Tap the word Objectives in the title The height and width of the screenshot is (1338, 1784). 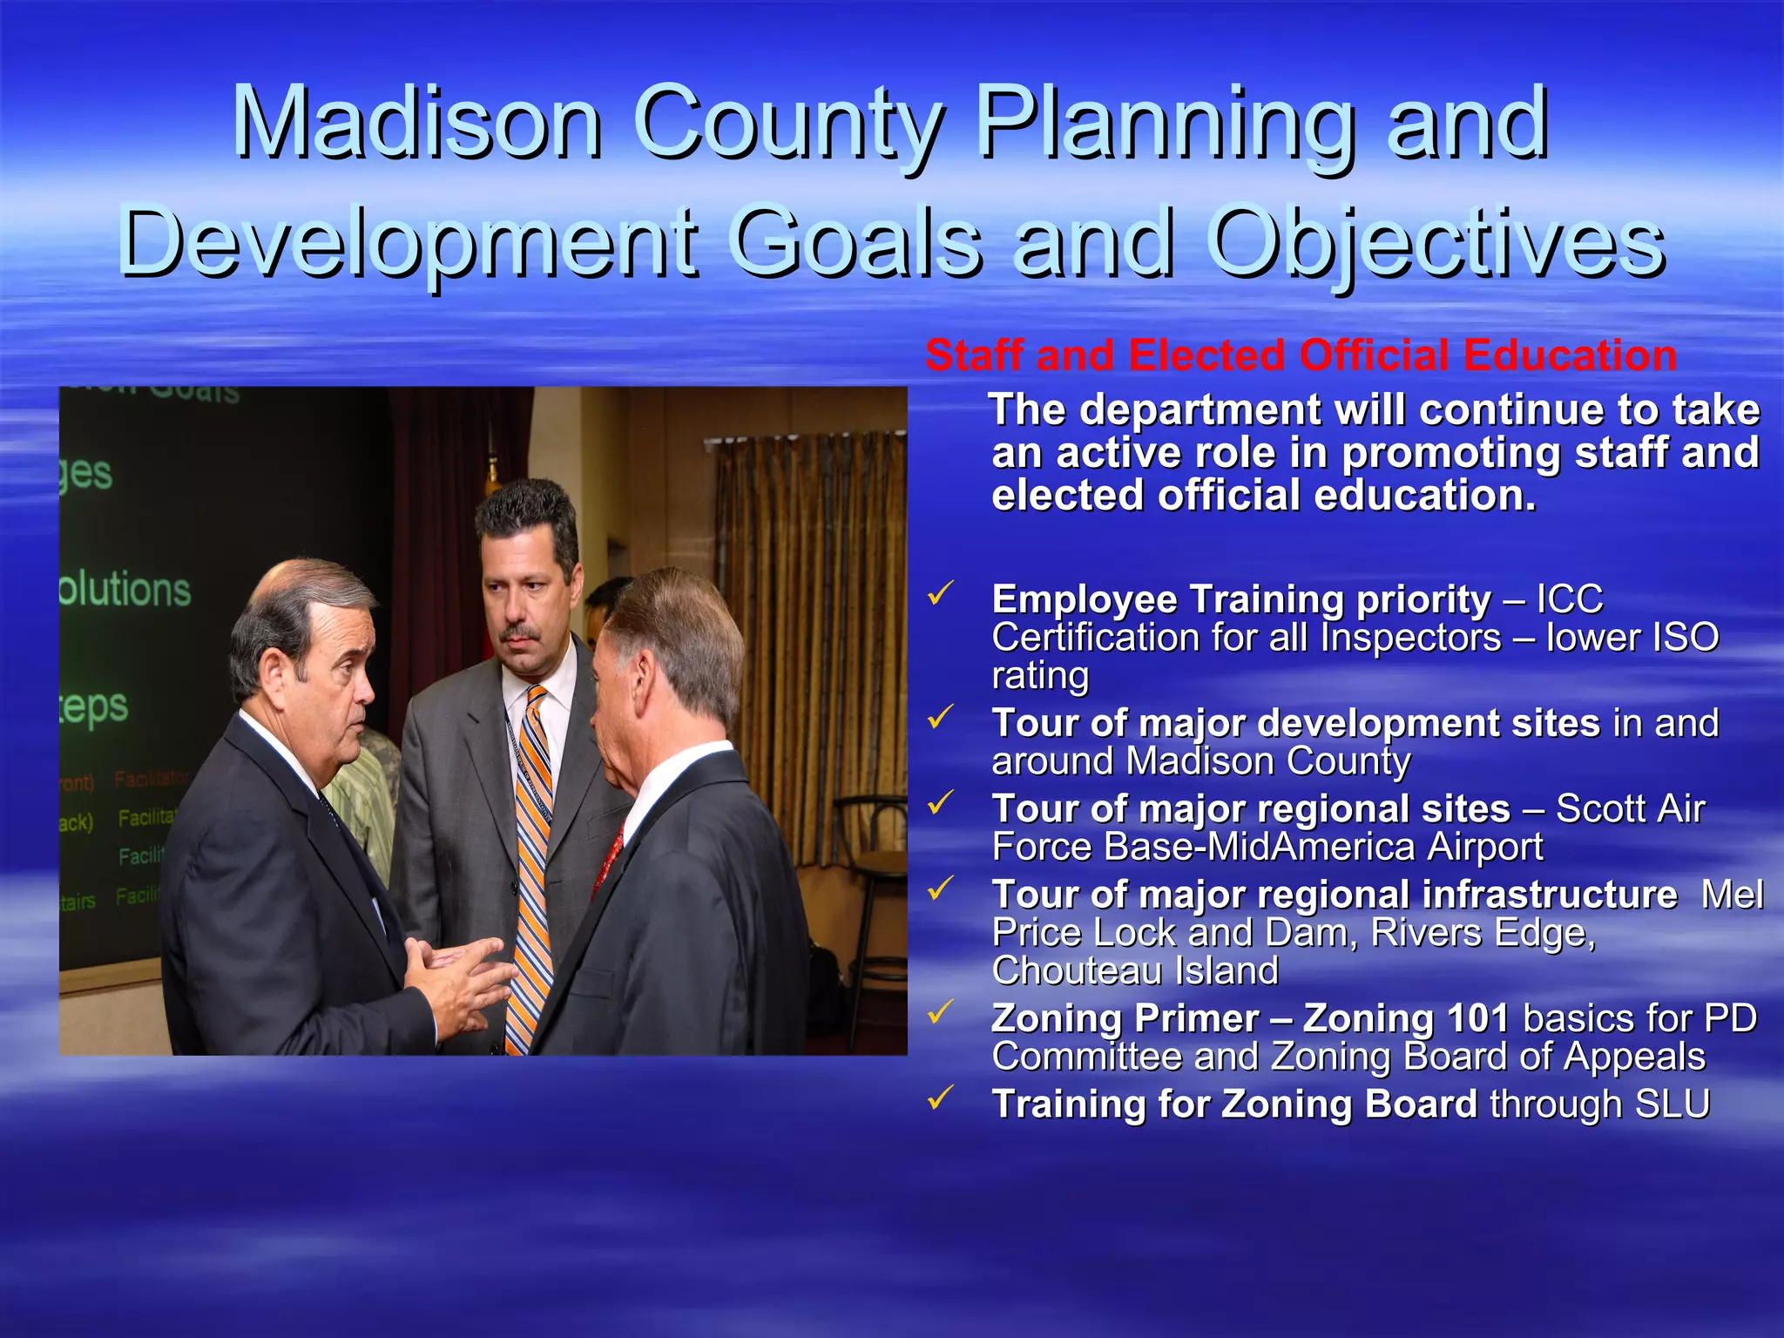click(1437, 244)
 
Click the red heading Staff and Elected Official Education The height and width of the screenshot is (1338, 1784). click(1301, 355)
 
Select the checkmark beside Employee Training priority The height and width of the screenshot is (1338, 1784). click(940, 594)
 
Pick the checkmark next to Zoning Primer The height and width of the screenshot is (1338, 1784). click(940, 1012)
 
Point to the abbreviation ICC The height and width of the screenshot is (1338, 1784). click(1569, 599)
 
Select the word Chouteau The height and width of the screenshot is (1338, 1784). click(1073, 970)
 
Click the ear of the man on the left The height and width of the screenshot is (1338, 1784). click(272, 675)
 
